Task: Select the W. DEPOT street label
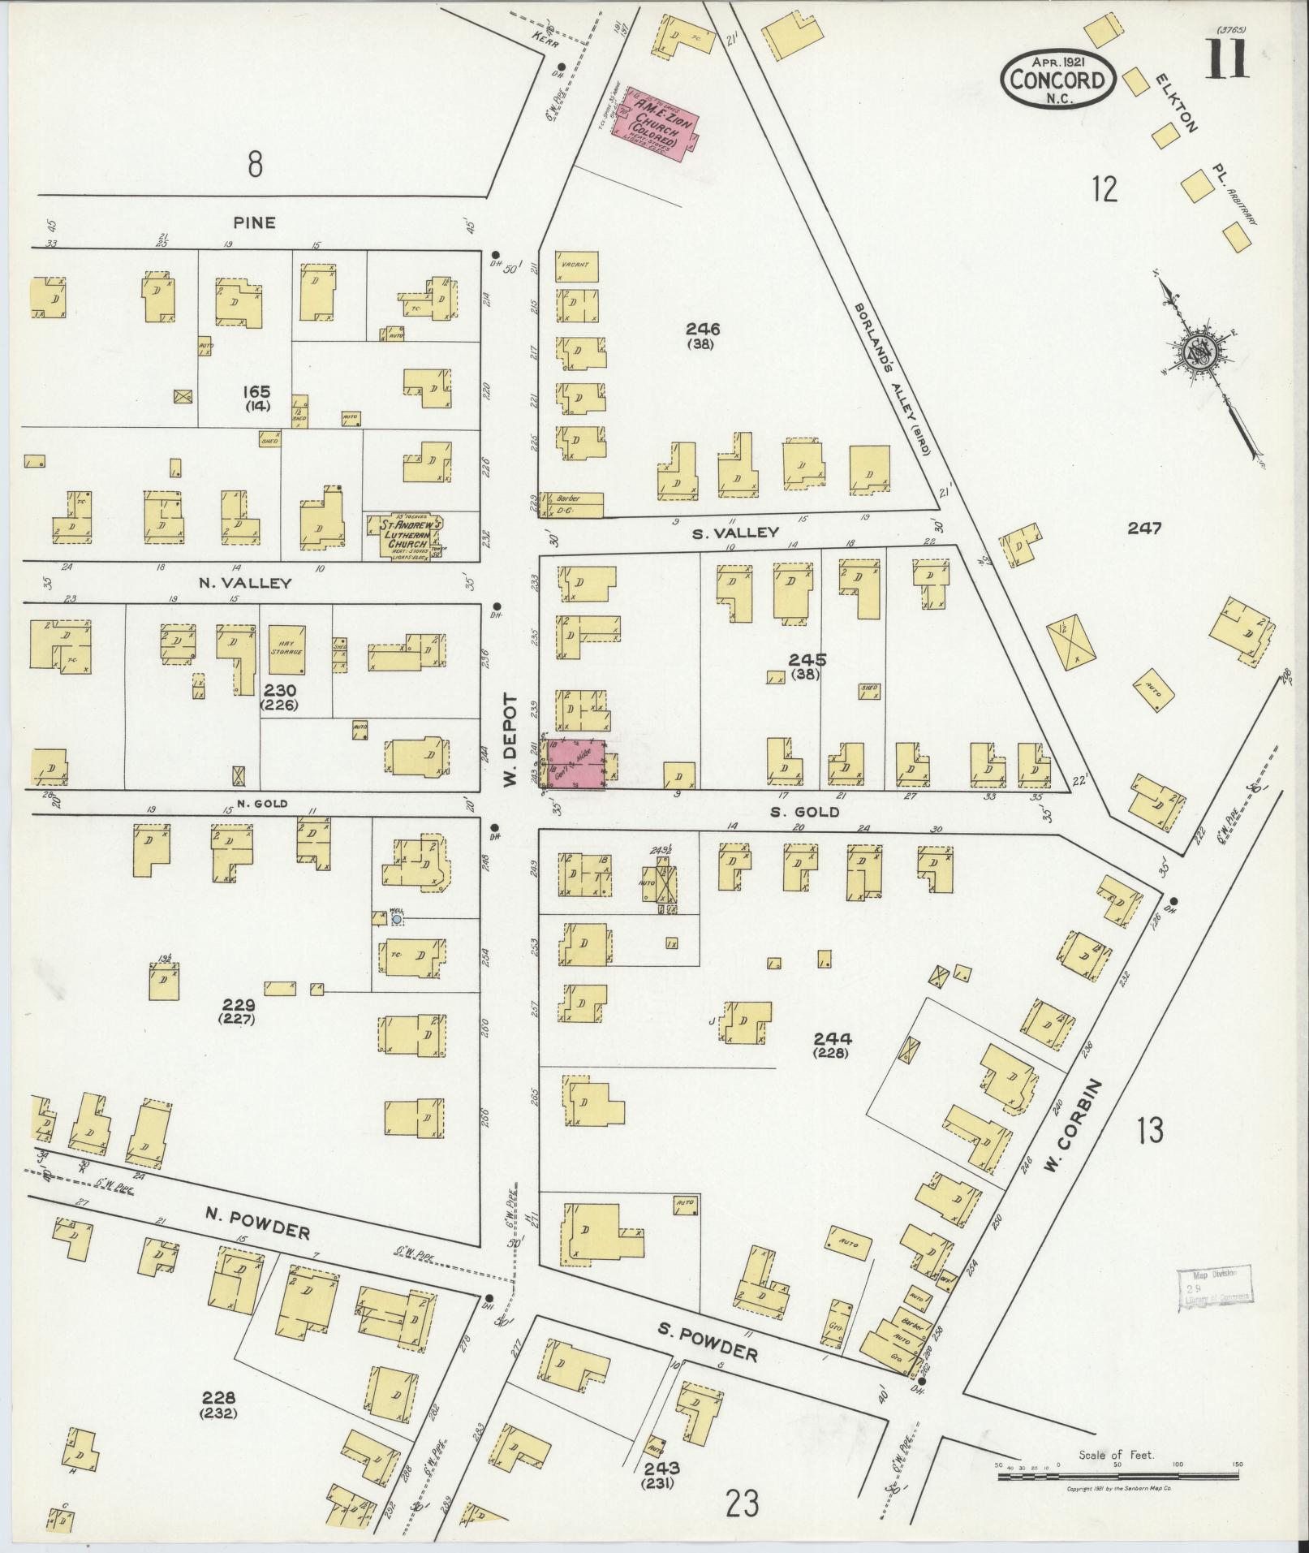tap(510, 740)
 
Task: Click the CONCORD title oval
tap(1057, 80)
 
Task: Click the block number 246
tap(703, 330)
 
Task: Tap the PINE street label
tap(255, 222)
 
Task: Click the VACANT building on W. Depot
tap(577, 266)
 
